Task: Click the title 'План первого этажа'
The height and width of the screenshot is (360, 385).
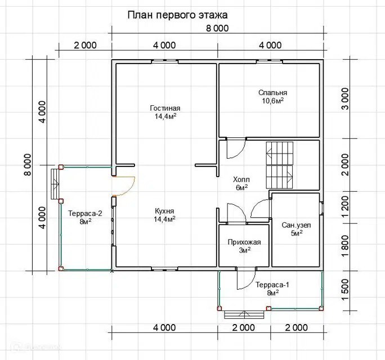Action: (177, 15)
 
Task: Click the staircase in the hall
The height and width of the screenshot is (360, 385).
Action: (279, 165)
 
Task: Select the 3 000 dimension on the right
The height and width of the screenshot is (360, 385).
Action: (345, 99)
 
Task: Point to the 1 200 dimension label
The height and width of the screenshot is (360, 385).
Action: (345, 206)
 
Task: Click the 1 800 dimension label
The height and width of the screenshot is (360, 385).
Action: (345, 246)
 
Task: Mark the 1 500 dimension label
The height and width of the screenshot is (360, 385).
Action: (345, 290)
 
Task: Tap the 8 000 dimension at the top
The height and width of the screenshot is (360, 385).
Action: (217, 29)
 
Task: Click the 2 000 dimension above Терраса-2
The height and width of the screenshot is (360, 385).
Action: (85, 46)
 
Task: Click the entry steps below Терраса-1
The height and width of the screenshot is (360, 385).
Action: (245, 314)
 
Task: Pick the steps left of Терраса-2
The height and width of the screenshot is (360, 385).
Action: (55, 184)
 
